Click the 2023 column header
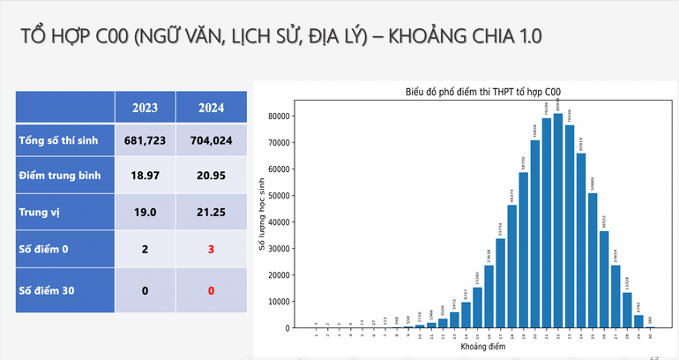pos(145,109)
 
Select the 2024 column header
pos(210,109)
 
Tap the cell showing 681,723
pos(145,140)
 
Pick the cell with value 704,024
pos(210,140)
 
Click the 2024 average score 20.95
pos(210,176)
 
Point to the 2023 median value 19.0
pos(145,213)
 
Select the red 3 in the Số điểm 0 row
pos(210,250)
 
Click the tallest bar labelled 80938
pos(558,221)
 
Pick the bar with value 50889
pos(593,260)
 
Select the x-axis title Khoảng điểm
pos(484,348)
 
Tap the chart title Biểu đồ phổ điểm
pos(483,91)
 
